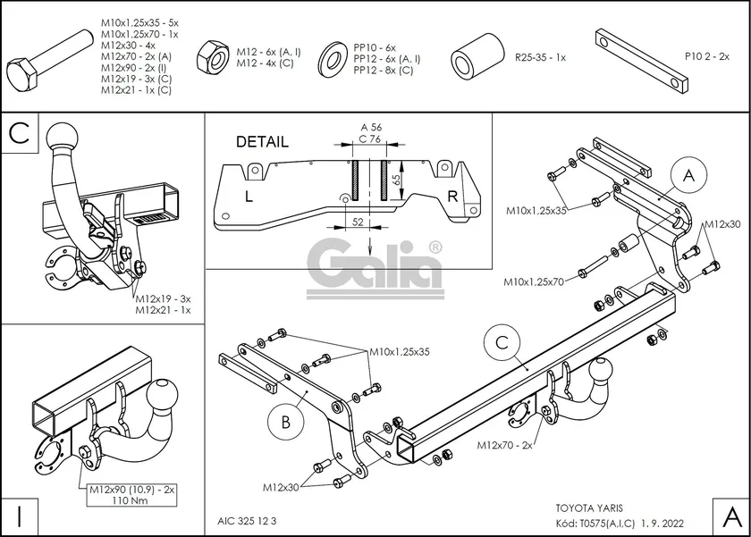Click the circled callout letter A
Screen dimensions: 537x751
click(688, 177)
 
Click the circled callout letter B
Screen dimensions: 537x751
click(284, 422)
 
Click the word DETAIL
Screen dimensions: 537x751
click(262, 141)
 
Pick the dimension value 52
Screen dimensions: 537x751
click(357, 222)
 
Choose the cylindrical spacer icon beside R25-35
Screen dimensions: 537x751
click(474, 57)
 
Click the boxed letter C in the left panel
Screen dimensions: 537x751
click(21, 134)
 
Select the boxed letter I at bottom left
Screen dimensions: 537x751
click(20, 516)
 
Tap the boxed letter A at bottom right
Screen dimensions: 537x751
click(730, 516)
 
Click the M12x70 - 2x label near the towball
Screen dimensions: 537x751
click(504, 444)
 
